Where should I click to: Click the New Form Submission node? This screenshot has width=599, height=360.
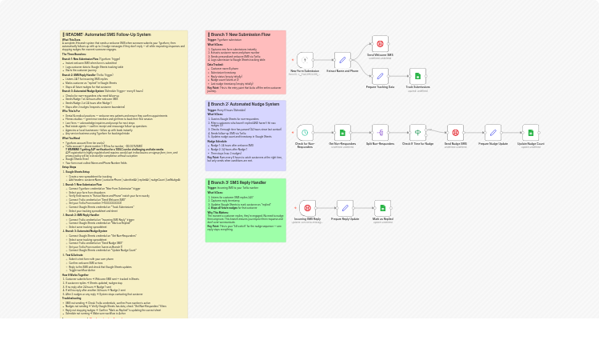[x=305, y=60]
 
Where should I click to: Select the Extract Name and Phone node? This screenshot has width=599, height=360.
[x=342, y=60]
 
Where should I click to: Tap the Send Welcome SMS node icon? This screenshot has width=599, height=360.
[x=380, y=44]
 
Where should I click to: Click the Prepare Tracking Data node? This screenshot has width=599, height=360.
[x=380, y=76]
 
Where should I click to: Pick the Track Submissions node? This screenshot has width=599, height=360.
[x=417, y=76]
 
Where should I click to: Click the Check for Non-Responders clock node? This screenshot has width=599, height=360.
[x=305, y=133]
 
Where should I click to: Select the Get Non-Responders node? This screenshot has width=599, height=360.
[x=342, y=133]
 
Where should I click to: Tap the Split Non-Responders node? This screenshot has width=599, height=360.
[x=380, y=133]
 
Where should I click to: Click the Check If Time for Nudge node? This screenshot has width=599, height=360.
[x=417, y=133]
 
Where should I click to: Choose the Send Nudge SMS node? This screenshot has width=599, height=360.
[x=455, y=133]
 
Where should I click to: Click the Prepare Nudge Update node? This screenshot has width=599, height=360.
[x=493, y=133]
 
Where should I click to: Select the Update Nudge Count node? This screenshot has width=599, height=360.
[x=530, y=133]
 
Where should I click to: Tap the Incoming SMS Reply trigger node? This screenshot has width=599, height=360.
[x=307, y=209]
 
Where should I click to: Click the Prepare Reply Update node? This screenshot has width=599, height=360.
[x=345, y=209]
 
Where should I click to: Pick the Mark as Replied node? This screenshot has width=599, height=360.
[x=382, y=209]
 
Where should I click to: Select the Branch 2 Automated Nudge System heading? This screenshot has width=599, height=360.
[x=245, y=104]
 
